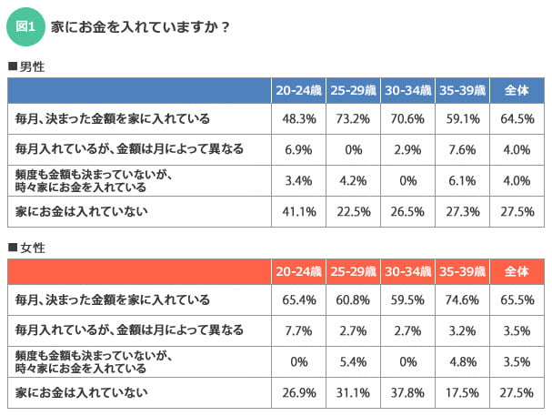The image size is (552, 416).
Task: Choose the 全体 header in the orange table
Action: (517, 272)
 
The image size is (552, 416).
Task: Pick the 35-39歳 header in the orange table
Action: (463, 272)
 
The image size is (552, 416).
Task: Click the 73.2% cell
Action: (354, 118)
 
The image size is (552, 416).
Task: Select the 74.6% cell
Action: (463, 299)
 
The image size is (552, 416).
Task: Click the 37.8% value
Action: (408, 392)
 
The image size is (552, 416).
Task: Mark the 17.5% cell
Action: (463, 392)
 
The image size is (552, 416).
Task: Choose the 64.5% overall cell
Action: (517, 118)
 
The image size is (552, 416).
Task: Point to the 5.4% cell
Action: (354, 361)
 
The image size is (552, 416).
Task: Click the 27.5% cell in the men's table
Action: (517, 211)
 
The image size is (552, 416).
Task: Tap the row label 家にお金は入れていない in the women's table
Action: (82, 392)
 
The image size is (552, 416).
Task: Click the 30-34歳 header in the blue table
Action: (408, 91)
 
